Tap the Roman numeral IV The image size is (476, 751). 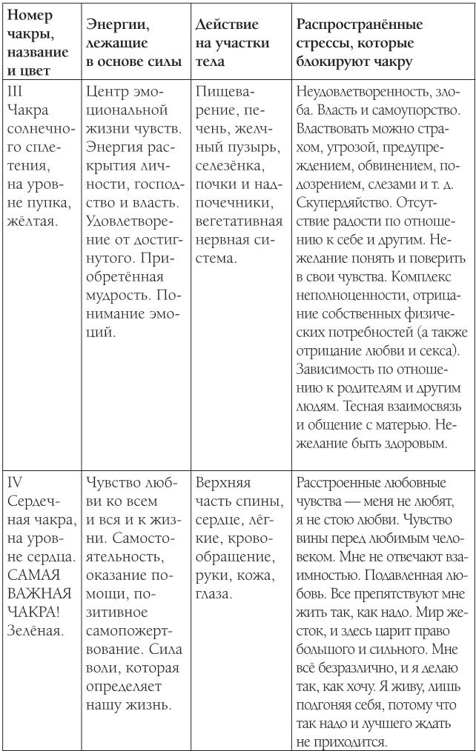16,482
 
